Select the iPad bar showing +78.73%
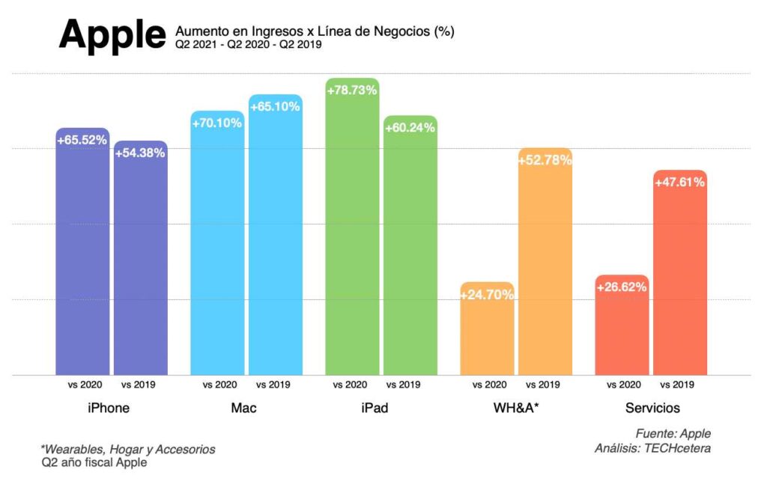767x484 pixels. [352, 232]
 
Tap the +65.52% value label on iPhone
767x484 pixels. [82, 140]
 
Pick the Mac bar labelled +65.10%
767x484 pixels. [276, 239]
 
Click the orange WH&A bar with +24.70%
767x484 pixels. [487, 333]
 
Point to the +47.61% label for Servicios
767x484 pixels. [679, 182]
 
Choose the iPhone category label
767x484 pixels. [109, 408]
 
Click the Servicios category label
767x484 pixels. [652, 408]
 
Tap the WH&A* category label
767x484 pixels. [515, 408]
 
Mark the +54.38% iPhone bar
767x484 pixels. [140, 262]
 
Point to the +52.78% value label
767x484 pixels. [545, 159]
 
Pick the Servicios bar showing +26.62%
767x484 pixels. [622, 329]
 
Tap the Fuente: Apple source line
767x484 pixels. [673, 433]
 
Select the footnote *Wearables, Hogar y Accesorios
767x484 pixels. [128, 450]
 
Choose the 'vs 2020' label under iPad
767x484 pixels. [350, 385]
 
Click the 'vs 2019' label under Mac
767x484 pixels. [273, 385]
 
